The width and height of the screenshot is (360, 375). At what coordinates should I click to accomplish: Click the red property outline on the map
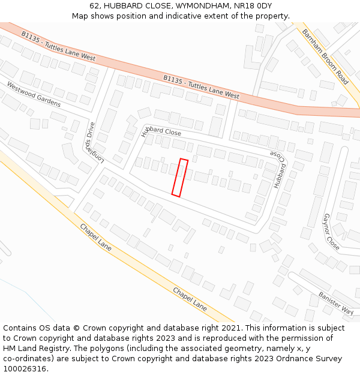[x=180, y=178]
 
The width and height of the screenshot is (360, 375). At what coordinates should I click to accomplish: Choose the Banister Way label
[x=336, y=303]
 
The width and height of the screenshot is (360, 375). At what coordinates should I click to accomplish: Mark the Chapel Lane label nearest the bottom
[x=190, y=298]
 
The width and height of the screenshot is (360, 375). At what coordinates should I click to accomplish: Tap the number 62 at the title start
[x=95, y=5]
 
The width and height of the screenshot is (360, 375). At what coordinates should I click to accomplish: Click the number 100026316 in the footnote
[x=25, y=368]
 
